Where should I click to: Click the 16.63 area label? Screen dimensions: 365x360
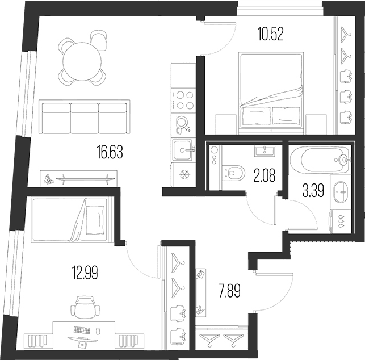pos(110,152)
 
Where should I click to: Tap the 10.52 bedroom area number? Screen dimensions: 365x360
pos(271,34)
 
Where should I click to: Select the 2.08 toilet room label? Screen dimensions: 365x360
pos(265,175)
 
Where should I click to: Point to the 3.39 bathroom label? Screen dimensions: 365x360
pos(313,191)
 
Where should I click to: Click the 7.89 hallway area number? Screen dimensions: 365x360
pos(229,291)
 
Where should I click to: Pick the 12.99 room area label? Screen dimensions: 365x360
pos(85,273)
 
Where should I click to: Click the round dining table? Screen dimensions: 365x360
pos(82,62)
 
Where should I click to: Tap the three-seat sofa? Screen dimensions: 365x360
pos(84,117)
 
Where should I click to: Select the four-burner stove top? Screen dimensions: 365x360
pos(183,101)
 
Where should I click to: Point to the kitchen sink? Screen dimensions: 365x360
pos(183,150)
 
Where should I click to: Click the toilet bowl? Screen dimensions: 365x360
pos(233,173)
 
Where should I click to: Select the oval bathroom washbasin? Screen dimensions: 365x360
pos(341,192)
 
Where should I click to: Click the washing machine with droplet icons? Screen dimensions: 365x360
pos(340,221)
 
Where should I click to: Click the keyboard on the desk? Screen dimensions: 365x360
pos(82,330)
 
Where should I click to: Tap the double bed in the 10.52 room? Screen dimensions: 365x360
pos(271,93)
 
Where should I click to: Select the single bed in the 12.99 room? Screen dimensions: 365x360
pos(70,220)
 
